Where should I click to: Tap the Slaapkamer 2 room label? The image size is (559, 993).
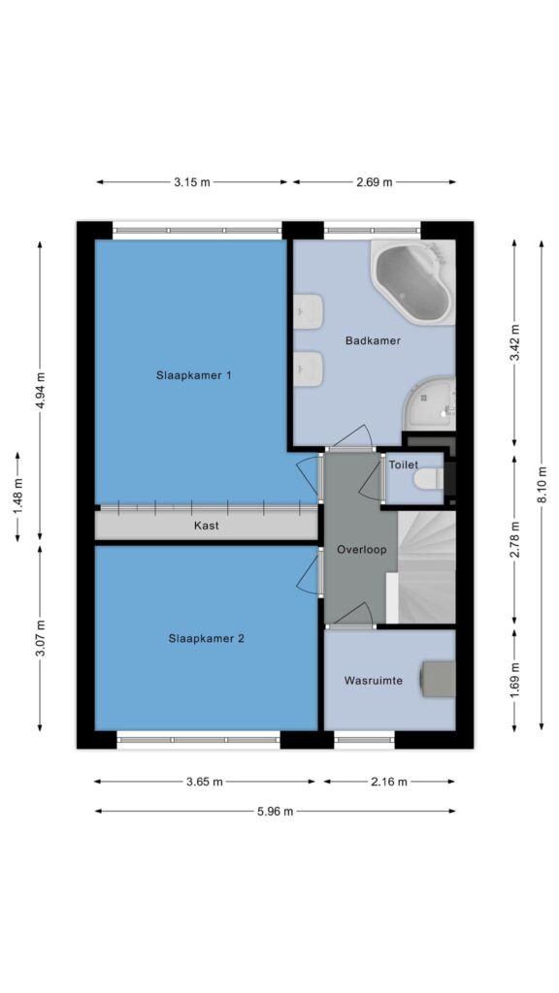[207, 638]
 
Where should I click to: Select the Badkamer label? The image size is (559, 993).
[373, 340]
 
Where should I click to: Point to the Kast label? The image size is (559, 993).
[207, 525]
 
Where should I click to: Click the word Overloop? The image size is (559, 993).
[361, 549]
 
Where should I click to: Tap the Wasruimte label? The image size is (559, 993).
[373, 681]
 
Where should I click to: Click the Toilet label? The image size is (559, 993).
[404, 464]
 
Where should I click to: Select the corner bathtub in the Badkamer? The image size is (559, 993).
[413, 282]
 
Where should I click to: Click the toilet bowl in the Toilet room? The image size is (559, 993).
[428, 479]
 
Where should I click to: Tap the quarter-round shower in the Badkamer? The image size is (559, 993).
[431, 404]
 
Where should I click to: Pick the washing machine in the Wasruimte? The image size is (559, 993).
[439, 679]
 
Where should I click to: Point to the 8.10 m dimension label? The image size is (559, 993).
[542, 485]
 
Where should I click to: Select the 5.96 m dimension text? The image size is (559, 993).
[275, 812]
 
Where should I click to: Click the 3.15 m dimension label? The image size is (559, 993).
[192, 182]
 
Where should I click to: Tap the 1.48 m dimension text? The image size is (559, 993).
[17, 496]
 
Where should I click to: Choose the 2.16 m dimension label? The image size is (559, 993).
[388, 782]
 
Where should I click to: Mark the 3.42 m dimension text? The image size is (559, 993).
[514, 342]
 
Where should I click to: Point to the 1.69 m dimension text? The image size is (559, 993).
[514, 678]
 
